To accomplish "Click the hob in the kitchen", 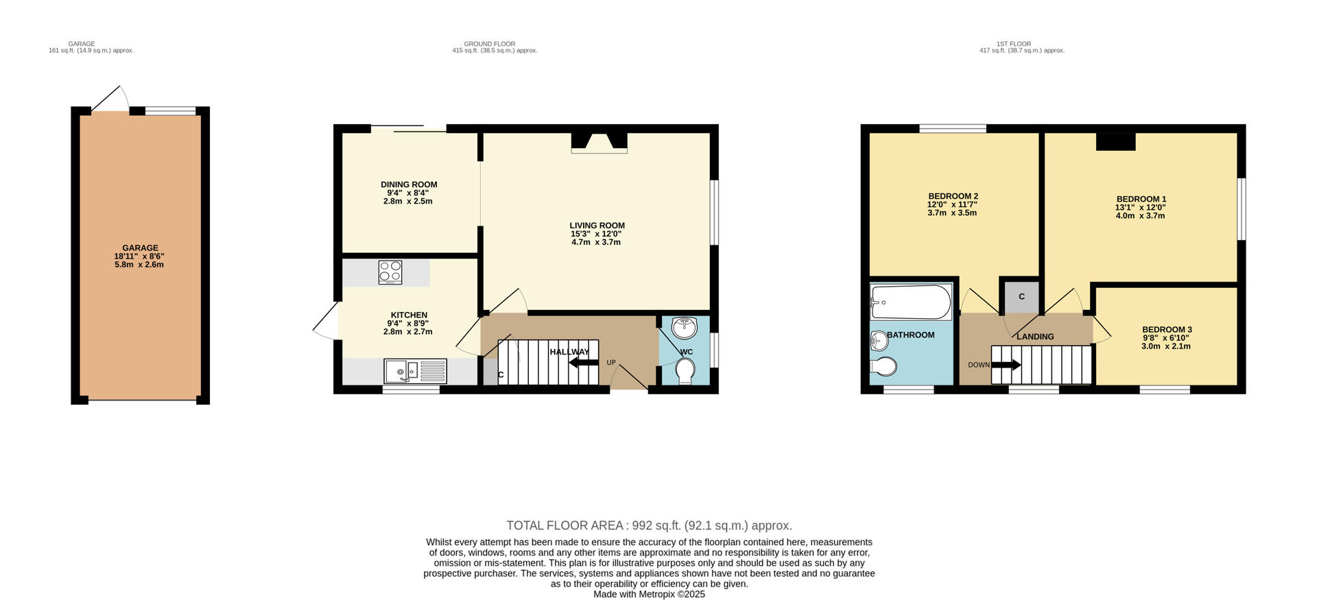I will pyautogui.click(x=390, y=272).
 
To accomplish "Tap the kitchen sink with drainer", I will pyautogui.click(x=415, y=372).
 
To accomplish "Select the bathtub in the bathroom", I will pyautogui.click(x=910, y=302).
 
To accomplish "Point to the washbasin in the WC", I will pyautogui.click(x=684, y=328).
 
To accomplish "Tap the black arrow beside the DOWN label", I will pyautogui.click(x=1006, y=365).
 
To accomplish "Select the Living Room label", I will pyautogui.click(x=597, y=226).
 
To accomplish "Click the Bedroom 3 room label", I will pyautogui.click(x=1167, y=330).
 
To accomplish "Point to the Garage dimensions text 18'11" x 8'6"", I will pyautogui.click(x=139, y=256).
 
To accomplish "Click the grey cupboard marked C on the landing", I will pyautogui.click(x=1021, y=296).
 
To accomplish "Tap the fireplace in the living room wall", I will pyautogui.click(x=600, y=143).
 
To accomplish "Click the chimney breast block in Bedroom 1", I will pyautogui.click(x=1115, y=141).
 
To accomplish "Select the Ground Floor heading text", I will pyautogui.click(x=489, y=44).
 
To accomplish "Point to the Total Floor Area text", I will pyautogui.click(x=649, y=526).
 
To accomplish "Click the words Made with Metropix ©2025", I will pyautogui.click(x=649, y=595).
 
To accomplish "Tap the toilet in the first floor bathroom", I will pyautogui.click(x=883, y=367).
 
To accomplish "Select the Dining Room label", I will pyautogui.click(x=409, y=184).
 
